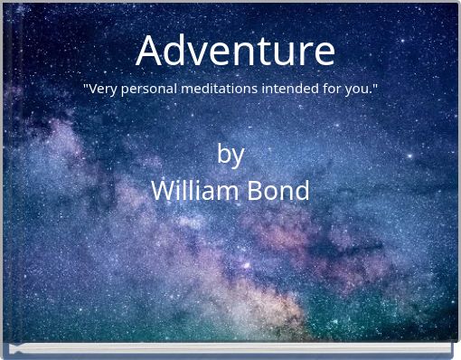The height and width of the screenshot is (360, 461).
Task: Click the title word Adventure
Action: [235, 51]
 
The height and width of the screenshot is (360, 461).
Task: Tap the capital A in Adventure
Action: [151, 51]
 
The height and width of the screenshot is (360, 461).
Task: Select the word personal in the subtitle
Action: [150, 90]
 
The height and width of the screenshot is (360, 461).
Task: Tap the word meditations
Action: [220, 90]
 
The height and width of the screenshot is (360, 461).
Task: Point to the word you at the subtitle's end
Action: [358, 90]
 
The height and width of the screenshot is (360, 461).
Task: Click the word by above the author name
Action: [230, 155]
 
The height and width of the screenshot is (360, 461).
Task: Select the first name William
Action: [190, 191]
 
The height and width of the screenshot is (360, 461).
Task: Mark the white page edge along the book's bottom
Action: [230, 348]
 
